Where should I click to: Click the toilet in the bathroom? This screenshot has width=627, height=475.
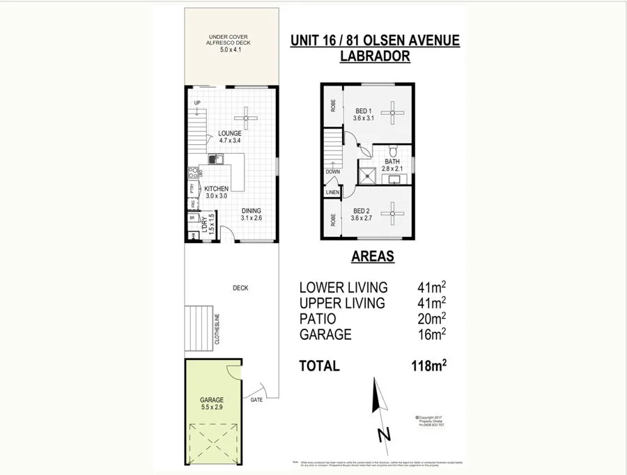click(394, 152)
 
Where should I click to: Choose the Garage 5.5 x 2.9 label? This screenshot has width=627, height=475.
click(213, 403)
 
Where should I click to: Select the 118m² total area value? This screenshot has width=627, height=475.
click(428, 366)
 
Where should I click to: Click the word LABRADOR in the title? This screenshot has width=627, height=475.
click(374, 58)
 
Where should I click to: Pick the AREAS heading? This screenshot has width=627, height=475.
click(373, 256)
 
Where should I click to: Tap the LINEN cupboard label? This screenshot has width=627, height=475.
click(332, 192)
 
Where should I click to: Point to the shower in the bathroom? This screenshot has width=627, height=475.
click(366, 175)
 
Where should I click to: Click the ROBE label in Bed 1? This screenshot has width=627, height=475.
click(333, 105)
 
